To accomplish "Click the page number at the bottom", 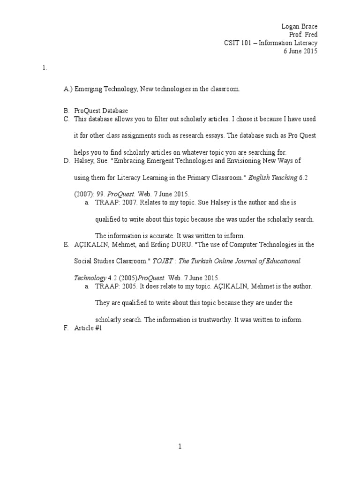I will (180, 447).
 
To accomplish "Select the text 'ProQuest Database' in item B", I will (101, 111).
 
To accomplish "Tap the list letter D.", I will (67, 160).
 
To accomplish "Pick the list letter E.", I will (66, 244).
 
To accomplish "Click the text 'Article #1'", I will (88, 329).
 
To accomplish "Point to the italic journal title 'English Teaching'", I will (272, 177).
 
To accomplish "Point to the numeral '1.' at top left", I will (45, 67).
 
